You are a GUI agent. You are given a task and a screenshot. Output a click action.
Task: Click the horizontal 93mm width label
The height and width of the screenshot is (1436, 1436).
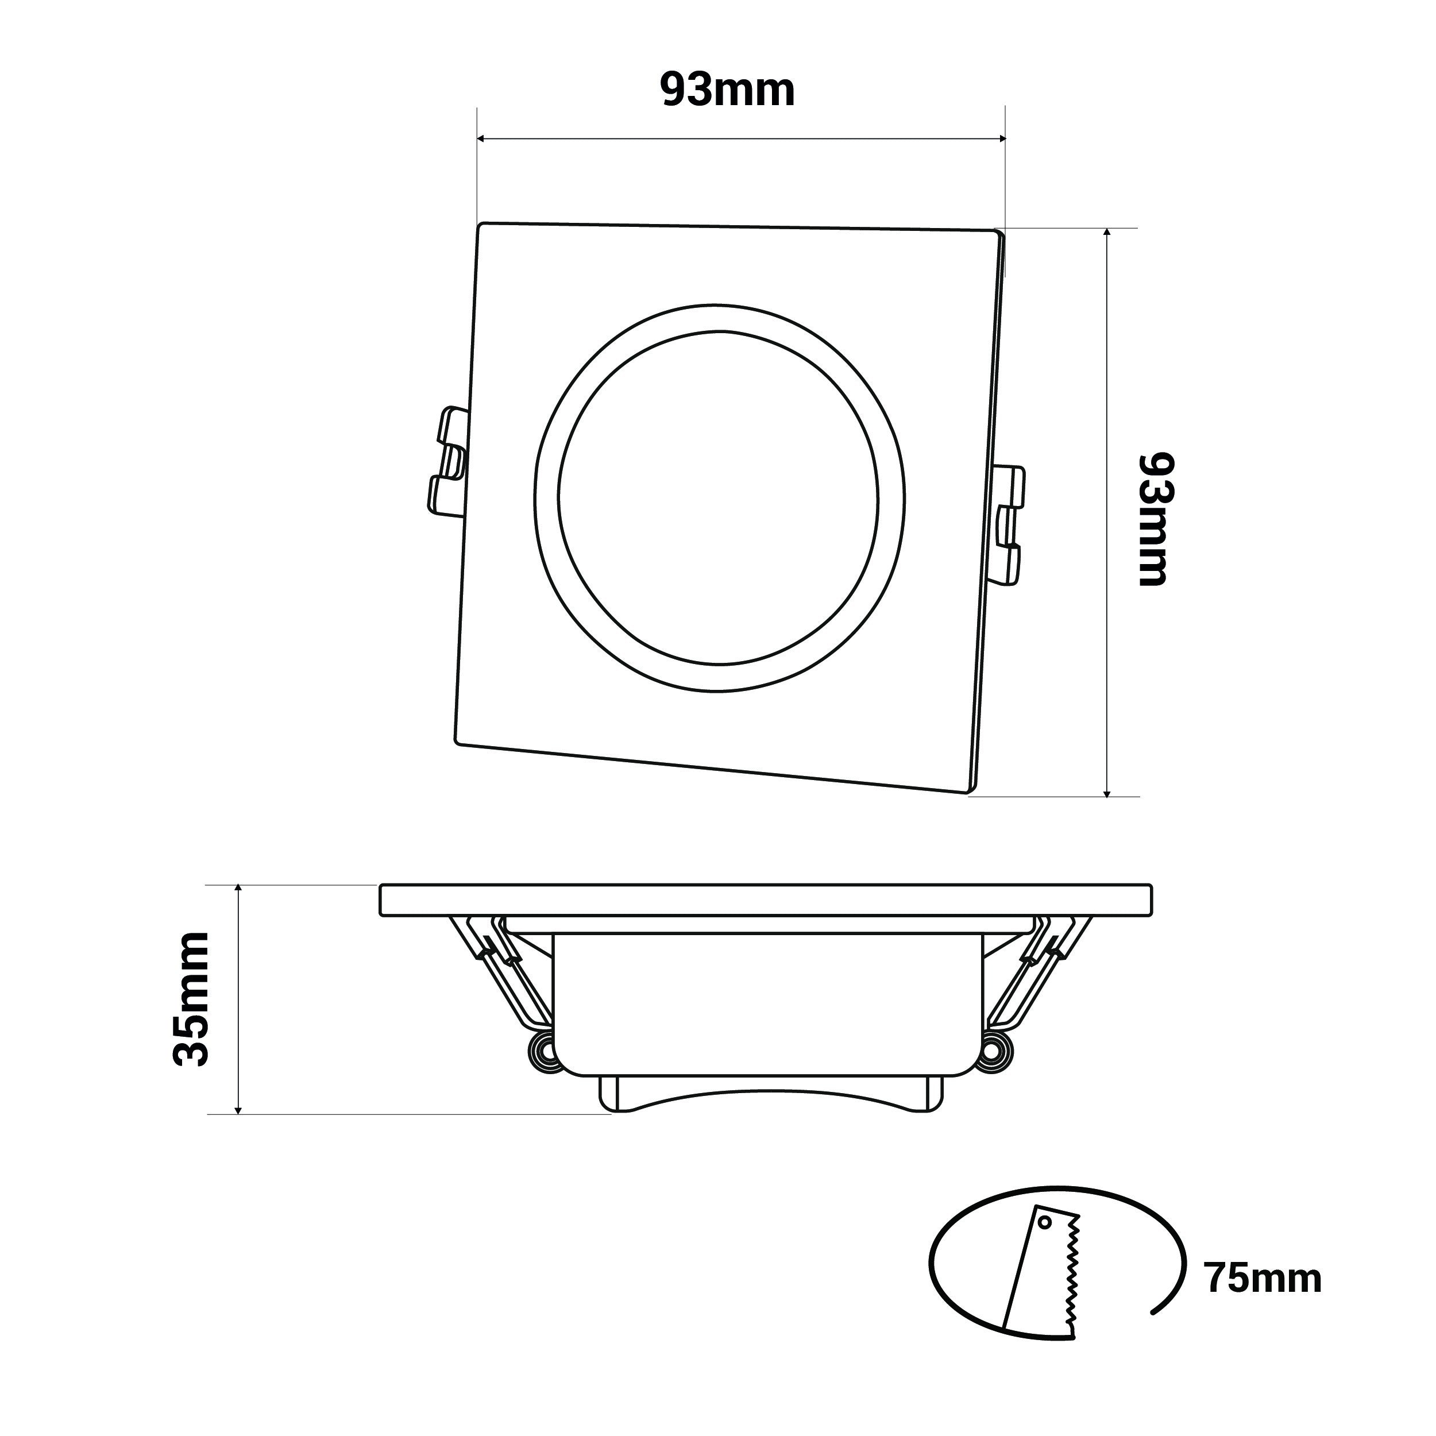[728, 91]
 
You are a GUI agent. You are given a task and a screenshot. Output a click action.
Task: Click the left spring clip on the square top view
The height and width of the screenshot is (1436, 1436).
[447, 462]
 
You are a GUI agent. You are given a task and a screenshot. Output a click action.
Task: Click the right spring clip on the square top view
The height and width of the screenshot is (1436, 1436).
[1009, 524]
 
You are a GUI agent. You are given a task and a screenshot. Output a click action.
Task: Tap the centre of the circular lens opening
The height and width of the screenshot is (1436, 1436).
[719, 498]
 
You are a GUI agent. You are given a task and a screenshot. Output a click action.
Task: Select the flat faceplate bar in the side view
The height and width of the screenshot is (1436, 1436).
[766, 900]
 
